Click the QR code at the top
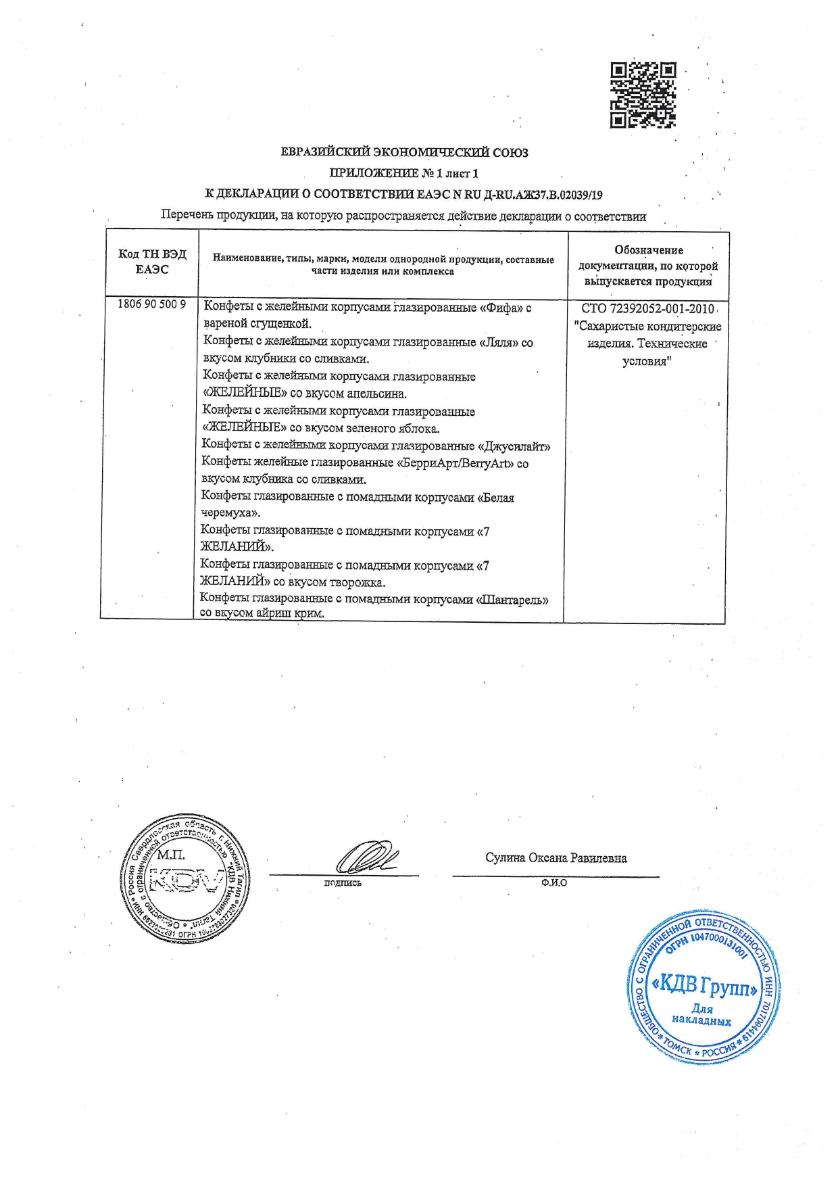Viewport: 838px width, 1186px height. pyautogui.click(x=643, y=95)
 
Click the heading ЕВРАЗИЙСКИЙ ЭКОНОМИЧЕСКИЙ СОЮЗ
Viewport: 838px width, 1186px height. pyautogui.click(x=404, y=152)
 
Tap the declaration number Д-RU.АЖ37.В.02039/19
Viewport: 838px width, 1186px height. pyautogui.click(x=543, y=195)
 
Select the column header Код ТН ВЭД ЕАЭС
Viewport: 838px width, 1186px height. pyautogui.click(x=152, y=262)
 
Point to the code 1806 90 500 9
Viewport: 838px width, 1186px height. pyautogui.click(x=151, y=304)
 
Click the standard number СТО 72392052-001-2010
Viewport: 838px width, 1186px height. pyautogui.click(x=647, y=309)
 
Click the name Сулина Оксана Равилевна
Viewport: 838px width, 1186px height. pyautogui.click(x=556, y=858)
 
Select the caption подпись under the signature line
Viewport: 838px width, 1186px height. pyautogui.click(x=343, y=883)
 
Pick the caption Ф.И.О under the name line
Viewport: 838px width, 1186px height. pyautogui.click(x=553, y=883)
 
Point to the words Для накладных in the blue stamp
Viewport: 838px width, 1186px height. pyautogui.click(x=701, y=1015)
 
